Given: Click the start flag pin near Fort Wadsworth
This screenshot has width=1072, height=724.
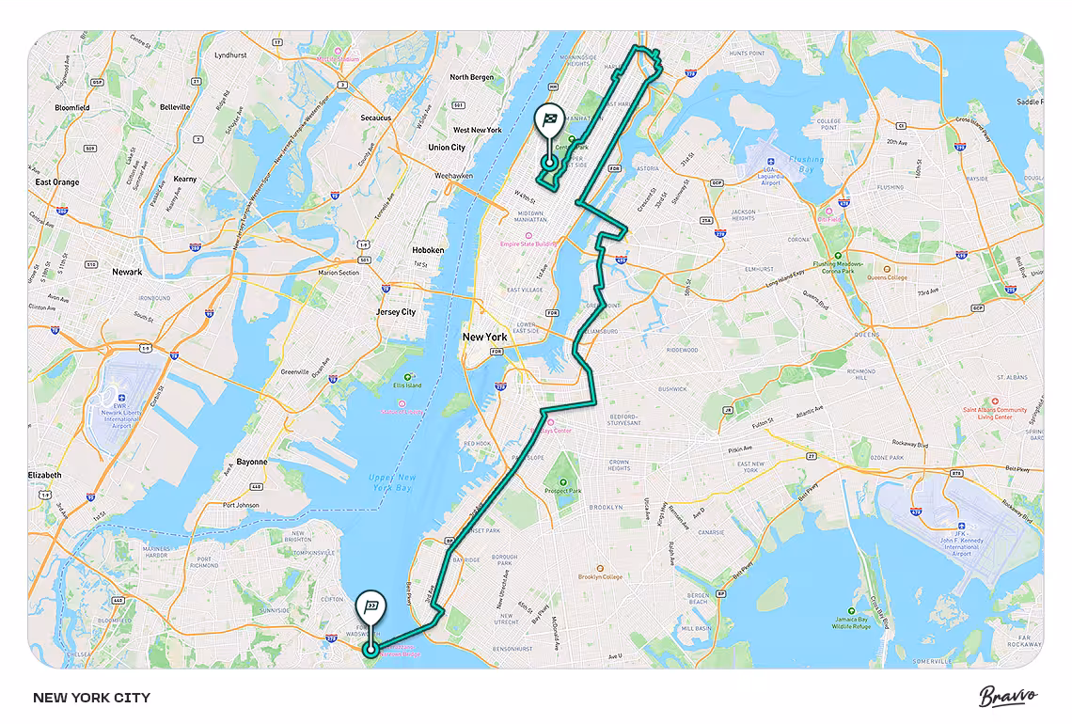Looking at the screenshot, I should [372, 606].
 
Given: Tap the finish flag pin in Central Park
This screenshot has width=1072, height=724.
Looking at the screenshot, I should [548, 122].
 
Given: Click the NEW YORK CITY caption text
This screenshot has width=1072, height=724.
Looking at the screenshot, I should [91, 698].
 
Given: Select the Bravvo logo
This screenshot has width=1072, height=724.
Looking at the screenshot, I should [1008, 697].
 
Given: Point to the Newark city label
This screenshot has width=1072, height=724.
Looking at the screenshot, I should [127, 272].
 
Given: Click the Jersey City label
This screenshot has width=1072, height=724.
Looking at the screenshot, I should [396, 312].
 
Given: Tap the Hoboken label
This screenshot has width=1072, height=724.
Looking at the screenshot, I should [428, 250].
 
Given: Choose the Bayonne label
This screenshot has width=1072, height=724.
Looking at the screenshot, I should [251, 462].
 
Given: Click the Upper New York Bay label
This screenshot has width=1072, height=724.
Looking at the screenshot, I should [391, 482].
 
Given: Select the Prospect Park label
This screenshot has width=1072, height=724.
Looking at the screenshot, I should [563, 491].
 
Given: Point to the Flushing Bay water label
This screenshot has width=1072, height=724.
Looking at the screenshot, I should [806, 165].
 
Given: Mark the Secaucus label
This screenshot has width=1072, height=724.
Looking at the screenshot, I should [376, 118].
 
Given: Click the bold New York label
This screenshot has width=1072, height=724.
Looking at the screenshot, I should [484, 337].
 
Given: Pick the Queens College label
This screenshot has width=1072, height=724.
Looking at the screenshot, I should [887, 277].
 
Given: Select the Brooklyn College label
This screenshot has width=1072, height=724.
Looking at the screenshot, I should [600, 576].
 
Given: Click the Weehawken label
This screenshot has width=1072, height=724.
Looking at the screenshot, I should [453, 176].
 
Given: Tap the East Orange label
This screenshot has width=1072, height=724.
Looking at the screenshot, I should [57, 182].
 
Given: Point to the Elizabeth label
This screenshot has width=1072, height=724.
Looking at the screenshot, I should [44, 475].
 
